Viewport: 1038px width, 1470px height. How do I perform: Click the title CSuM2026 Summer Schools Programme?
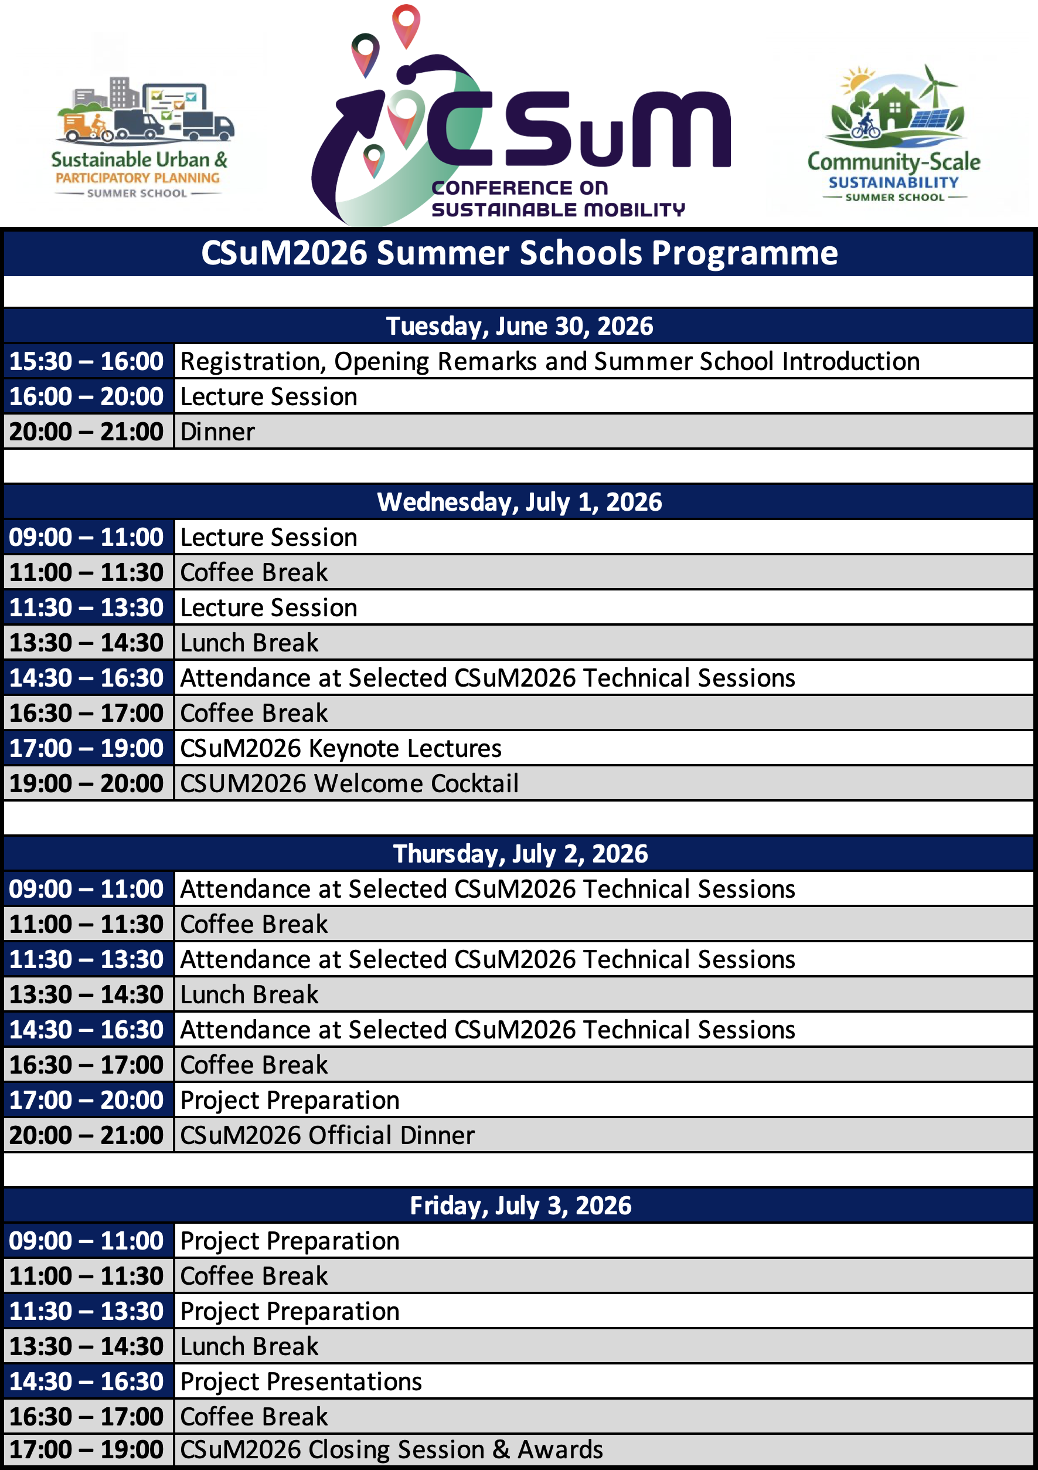coord(519,253)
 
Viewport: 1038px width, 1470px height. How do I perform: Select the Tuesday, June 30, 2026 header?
coord(519,327)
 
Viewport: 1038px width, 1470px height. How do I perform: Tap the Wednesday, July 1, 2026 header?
coord(519,503)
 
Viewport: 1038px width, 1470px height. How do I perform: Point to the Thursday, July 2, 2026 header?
coord(519,854)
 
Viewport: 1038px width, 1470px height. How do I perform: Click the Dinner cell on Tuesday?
coord(217,432)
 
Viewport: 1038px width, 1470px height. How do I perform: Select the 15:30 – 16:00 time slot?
coord(86,362)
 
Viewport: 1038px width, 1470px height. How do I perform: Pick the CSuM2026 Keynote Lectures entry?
coord(341,748)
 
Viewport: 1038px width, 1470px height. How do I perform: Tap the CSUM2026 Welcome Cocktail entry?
coord(349,783)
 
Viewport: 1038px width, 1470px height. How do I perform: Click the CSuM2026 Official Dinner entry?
coord(328,1136)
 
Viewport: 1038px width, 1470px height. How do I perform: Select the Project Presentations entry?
coord(301,1381)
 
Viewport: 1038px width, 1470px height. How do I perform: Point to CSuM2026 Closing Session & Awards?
coord(392,1449)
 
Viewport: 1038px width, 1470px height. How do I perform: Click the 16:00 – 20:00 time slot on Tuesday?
coord(86,397)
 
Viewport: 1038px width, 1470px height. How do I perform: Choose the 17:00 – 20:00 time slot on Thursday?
coord(86,1101)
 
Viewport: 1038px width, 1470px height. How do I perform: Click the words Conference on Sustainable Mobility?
coord(558,198)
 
